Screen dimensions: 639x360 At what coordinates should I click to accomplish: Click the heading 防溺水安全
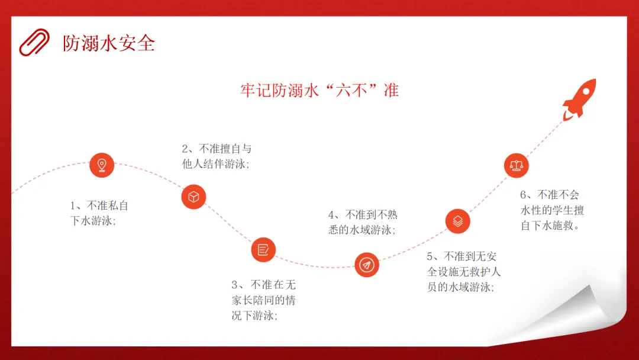point(109,43)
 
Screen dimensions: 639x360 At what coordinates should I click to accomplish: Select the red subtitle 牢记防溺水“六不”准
point(319,90)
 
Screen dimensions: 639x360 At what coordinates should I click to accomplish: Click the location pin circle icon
point(102,165)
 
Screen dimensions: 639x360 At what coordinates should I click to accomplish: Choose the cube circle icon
point(193,197)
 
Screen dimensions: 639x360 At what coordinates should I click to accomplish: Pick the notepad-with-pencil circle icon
point(263,249)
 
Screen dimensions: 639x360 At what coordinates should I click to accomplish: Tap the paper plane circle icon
point(367,265)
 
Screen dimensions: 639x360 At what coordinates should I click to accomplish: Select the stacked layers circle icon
point(457,221)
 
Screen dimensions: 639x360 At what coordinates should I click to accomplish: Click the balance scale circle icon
point(517,166)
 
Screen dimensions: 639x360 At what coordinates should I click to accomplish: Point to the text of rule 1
point(99,213)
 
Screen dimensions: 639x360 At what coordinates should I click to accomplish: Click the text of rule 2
point(217,156)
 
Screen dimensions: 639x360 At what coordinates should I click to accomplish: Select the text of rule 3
point(264,300)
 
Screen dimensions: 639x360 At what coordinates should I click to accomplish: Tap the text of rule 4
point(363,222)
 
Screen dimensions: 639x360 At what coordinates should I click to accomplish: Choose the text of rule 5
point(464,272)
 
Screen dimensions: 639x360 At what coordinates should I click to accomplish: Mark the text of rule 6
point(552,210)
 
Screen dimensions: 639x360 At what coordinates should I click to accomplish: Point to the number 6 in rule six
point(523,195)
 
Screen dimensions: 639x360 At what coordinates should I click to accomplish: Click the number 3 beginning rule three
point(234,285)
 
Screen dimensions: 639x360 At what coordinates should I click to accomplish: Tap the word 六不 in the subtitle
point(351,90)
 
